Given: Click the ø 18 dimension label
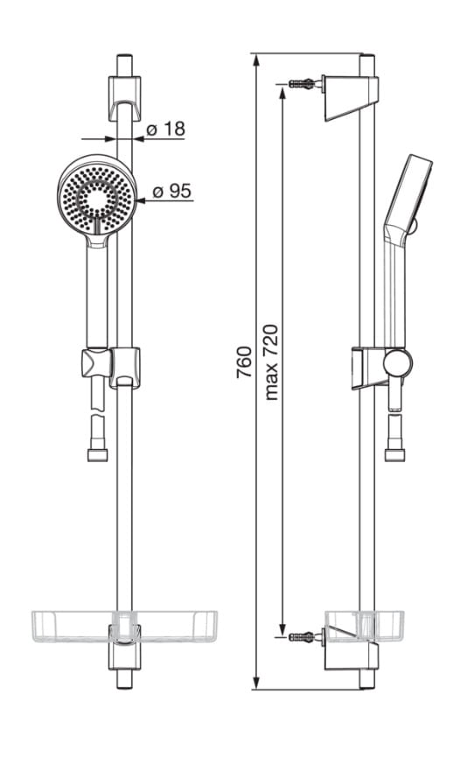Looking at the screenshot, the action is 166,130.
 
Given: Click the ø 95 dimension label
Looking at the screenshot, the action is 172,191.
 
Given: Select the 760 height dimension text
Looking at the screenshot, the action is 244,362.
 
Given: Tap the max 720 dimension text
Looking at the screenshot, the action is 272,362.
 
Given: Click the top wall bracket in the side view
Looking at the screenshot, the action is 350,97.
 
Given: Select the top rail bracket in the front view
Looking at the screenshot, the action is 125,98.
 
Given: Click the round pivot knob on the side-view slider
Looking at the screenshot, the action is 397,363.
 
